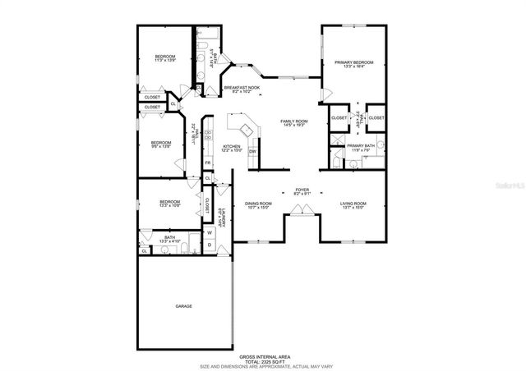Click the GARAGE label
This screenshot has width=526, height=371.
(183, 306)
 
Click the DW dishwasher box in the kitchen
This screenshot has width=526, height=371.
(253, 151)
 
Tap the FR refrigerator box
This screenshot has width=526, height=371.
(207, 163)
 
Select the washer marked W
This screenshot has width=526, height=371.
(210, 232)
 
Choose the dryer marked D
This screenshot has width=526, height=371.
(210, 245)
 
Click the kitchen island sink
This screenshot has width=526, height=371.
(244, 129)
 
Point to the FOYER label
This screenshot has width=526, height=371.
(300, 189)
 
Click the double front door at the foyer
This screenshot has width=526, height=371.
(300, 212)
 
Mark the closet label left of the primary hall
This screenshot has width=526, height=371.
(339, 118)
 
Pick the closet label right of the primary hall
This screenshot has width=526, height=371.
(376, 118)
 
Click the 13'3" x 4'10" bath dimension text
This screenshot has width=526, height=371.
(169, 241)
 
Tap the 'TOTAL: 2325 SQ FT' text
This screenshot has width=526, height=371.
(263, 361)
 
